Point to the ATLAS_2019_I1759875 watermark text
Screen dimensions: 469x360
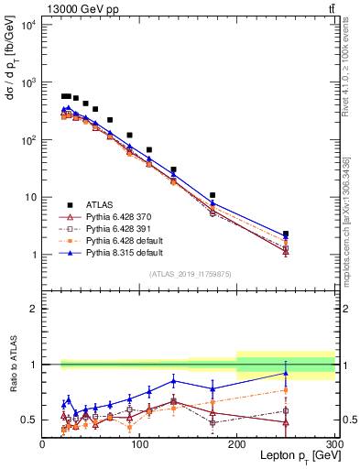coord(189,273)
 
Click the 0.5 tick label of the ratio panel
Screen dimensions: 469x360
coord(30,420)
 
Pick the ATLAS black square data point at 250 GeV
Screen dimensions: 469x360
coord(286,234)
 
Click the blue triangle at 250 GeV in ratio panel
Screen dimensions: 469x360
coord(286,373)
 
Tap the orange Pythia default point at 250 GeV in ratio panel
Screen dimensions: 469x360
coord(286,390)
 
